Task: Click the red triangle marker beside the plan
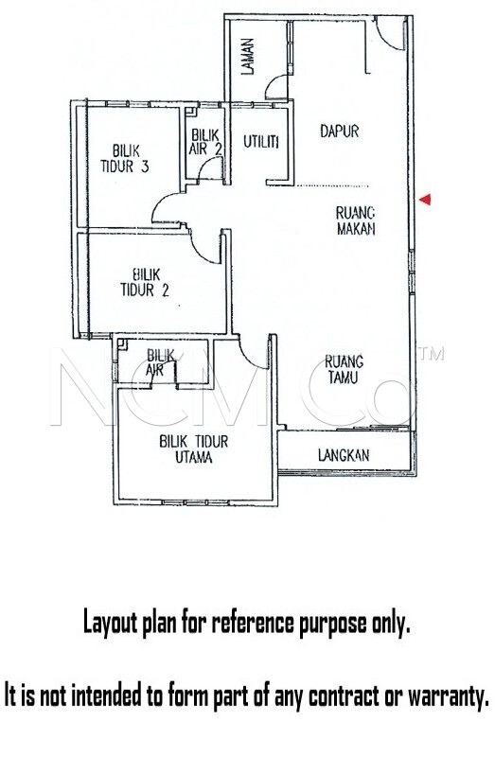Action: (425, 200)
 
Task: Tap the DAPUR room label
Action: (339, 132)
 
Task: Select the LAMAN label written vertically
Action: (248, 56)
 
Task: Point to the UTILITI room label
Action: (261, 142)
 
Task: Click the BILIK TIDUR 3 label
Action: (125, 158)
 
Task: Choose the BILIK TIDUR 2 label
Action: (145, 282)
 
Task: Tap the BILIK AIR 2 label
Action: (204, 142)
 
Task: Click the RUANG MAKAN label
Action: (355, 220)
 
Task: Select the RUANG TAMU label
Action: (344, 369)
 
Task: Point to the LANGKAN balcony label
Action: (343, 455)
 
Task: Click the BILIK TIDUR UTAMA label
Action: (193, 449)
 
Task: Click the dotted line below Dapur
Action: (331, 186)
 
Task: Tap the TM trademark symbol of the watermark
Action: (432, 354)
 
